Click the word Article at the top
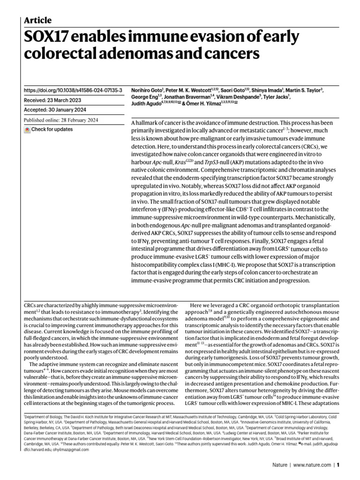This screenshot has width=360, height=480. (37, 20)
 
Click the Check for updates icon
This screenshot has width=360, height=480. (27, 129)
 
